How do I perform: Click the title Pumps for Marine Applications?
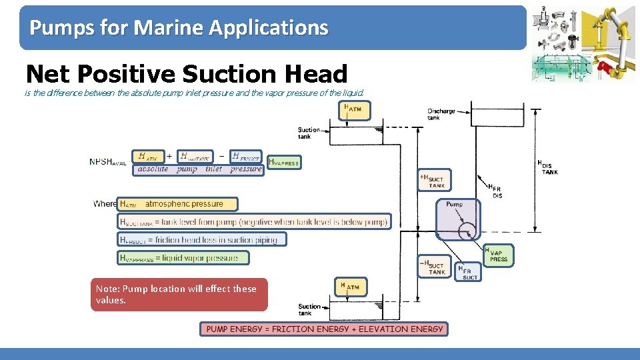pyautogui.click(x=179, y=28)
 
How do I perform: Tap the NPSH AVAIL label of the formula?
pyautogui.click(x=108, y=162)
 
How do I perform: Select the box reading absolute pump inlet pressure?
pyautogui.click(x=199, y=169)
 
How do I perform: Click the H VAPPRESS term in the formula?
pyautogui.click(x=284, y=162)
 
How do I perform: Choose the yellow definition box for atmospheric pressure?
pyautogui.click(x=171, y=204)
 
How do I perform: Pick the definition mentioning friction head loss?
pyautogui.click(x=202, y=239)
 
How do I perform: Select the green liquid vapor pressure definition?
pyautogui.click(x=183, y=257)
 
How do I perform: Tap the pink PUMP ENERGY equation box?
pyautogui.click(x=324, y=329)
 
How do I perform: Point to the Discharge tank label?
pyautogui.click(x=441, y=114)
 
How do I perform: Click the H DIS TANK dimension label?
pyautogui.click(x=547, y=167)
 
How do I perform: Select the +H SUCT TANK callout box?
pyautogui.click(x=435, y=180)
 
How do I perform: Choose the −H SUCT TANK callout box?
pyautogui.click(x=435, y=267)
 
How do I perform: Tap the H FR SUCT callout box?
pyautogui.click(x=469, y=271)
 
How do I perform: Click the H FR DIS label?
pyautogui.click(x=496, y=191)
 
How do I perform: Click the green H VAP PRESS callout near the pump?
pyautogui.click(x=498, y=255)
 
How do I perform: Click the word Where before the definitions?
pyautogui.click(x=105, y=204)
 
